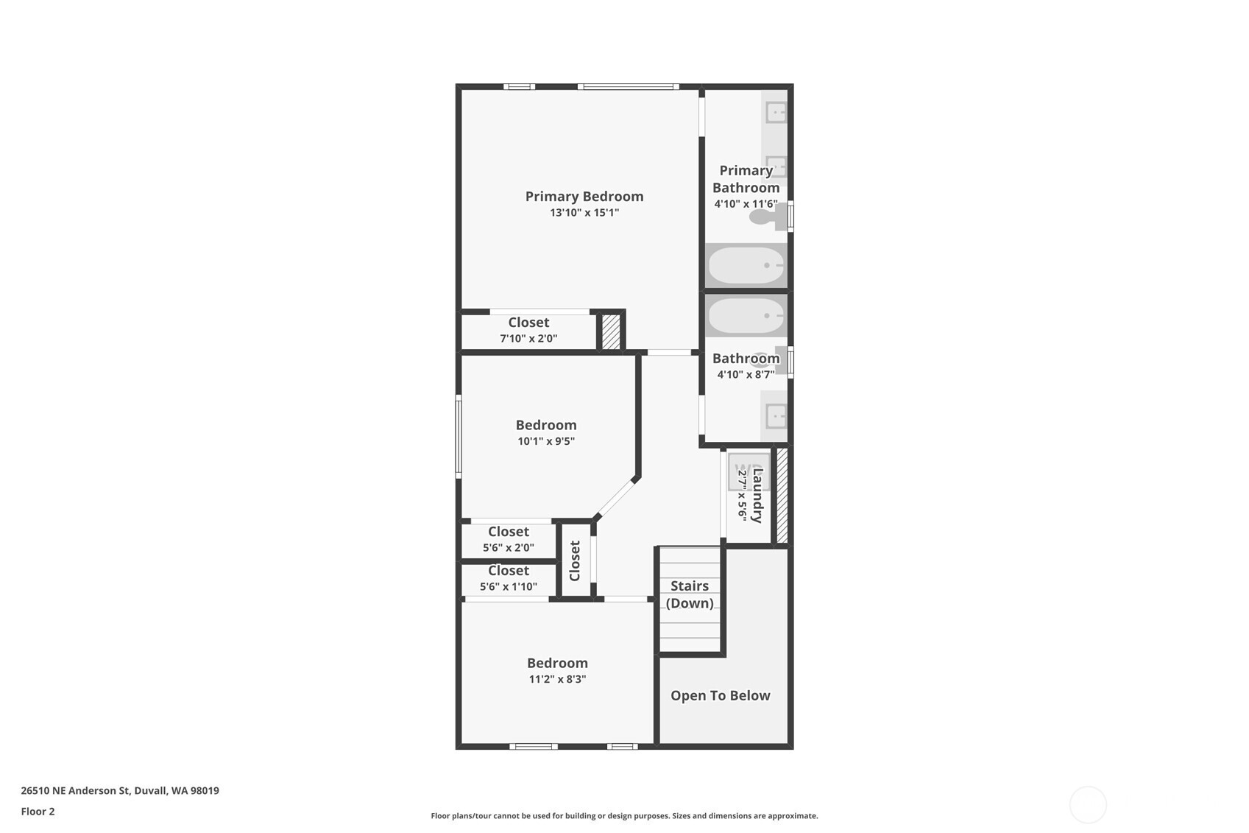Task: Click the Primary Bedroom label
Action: tap(584, 197)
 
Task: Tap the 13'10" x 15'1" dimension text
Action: tap(584, 213)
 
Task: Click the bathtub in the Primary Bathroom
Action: tap(746, 266)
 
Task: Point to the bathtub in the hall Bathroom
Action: tap(746, 316)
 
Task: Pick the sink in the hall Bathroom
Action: tap(775, 415)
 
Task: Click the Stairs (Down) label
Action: tap(690, 594)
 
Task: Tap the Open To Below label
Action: tap(721, 695)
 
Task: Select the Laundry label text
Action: tap(757, 496)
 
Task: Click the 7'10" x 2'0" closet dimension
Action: tap(528, 339)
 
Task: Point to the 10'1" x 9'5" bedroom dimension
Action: tap(546, 441)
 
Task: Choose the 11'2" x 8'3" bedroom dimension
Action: tap(558, 679)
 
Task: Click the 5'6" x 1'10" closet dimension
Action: tap(509, 587)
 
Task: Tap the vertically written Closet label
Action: tap(575, 560)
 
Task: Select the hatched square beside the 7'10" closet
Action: tap(611, 332)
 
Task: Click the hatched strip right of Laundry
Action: tap(782, 495)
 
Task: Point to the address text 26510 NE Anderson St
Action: tap(76, 790)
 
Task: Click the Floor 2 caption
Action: tap(38, 811)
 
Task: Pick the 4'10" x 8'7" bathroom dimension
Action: tap(746, 374)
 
